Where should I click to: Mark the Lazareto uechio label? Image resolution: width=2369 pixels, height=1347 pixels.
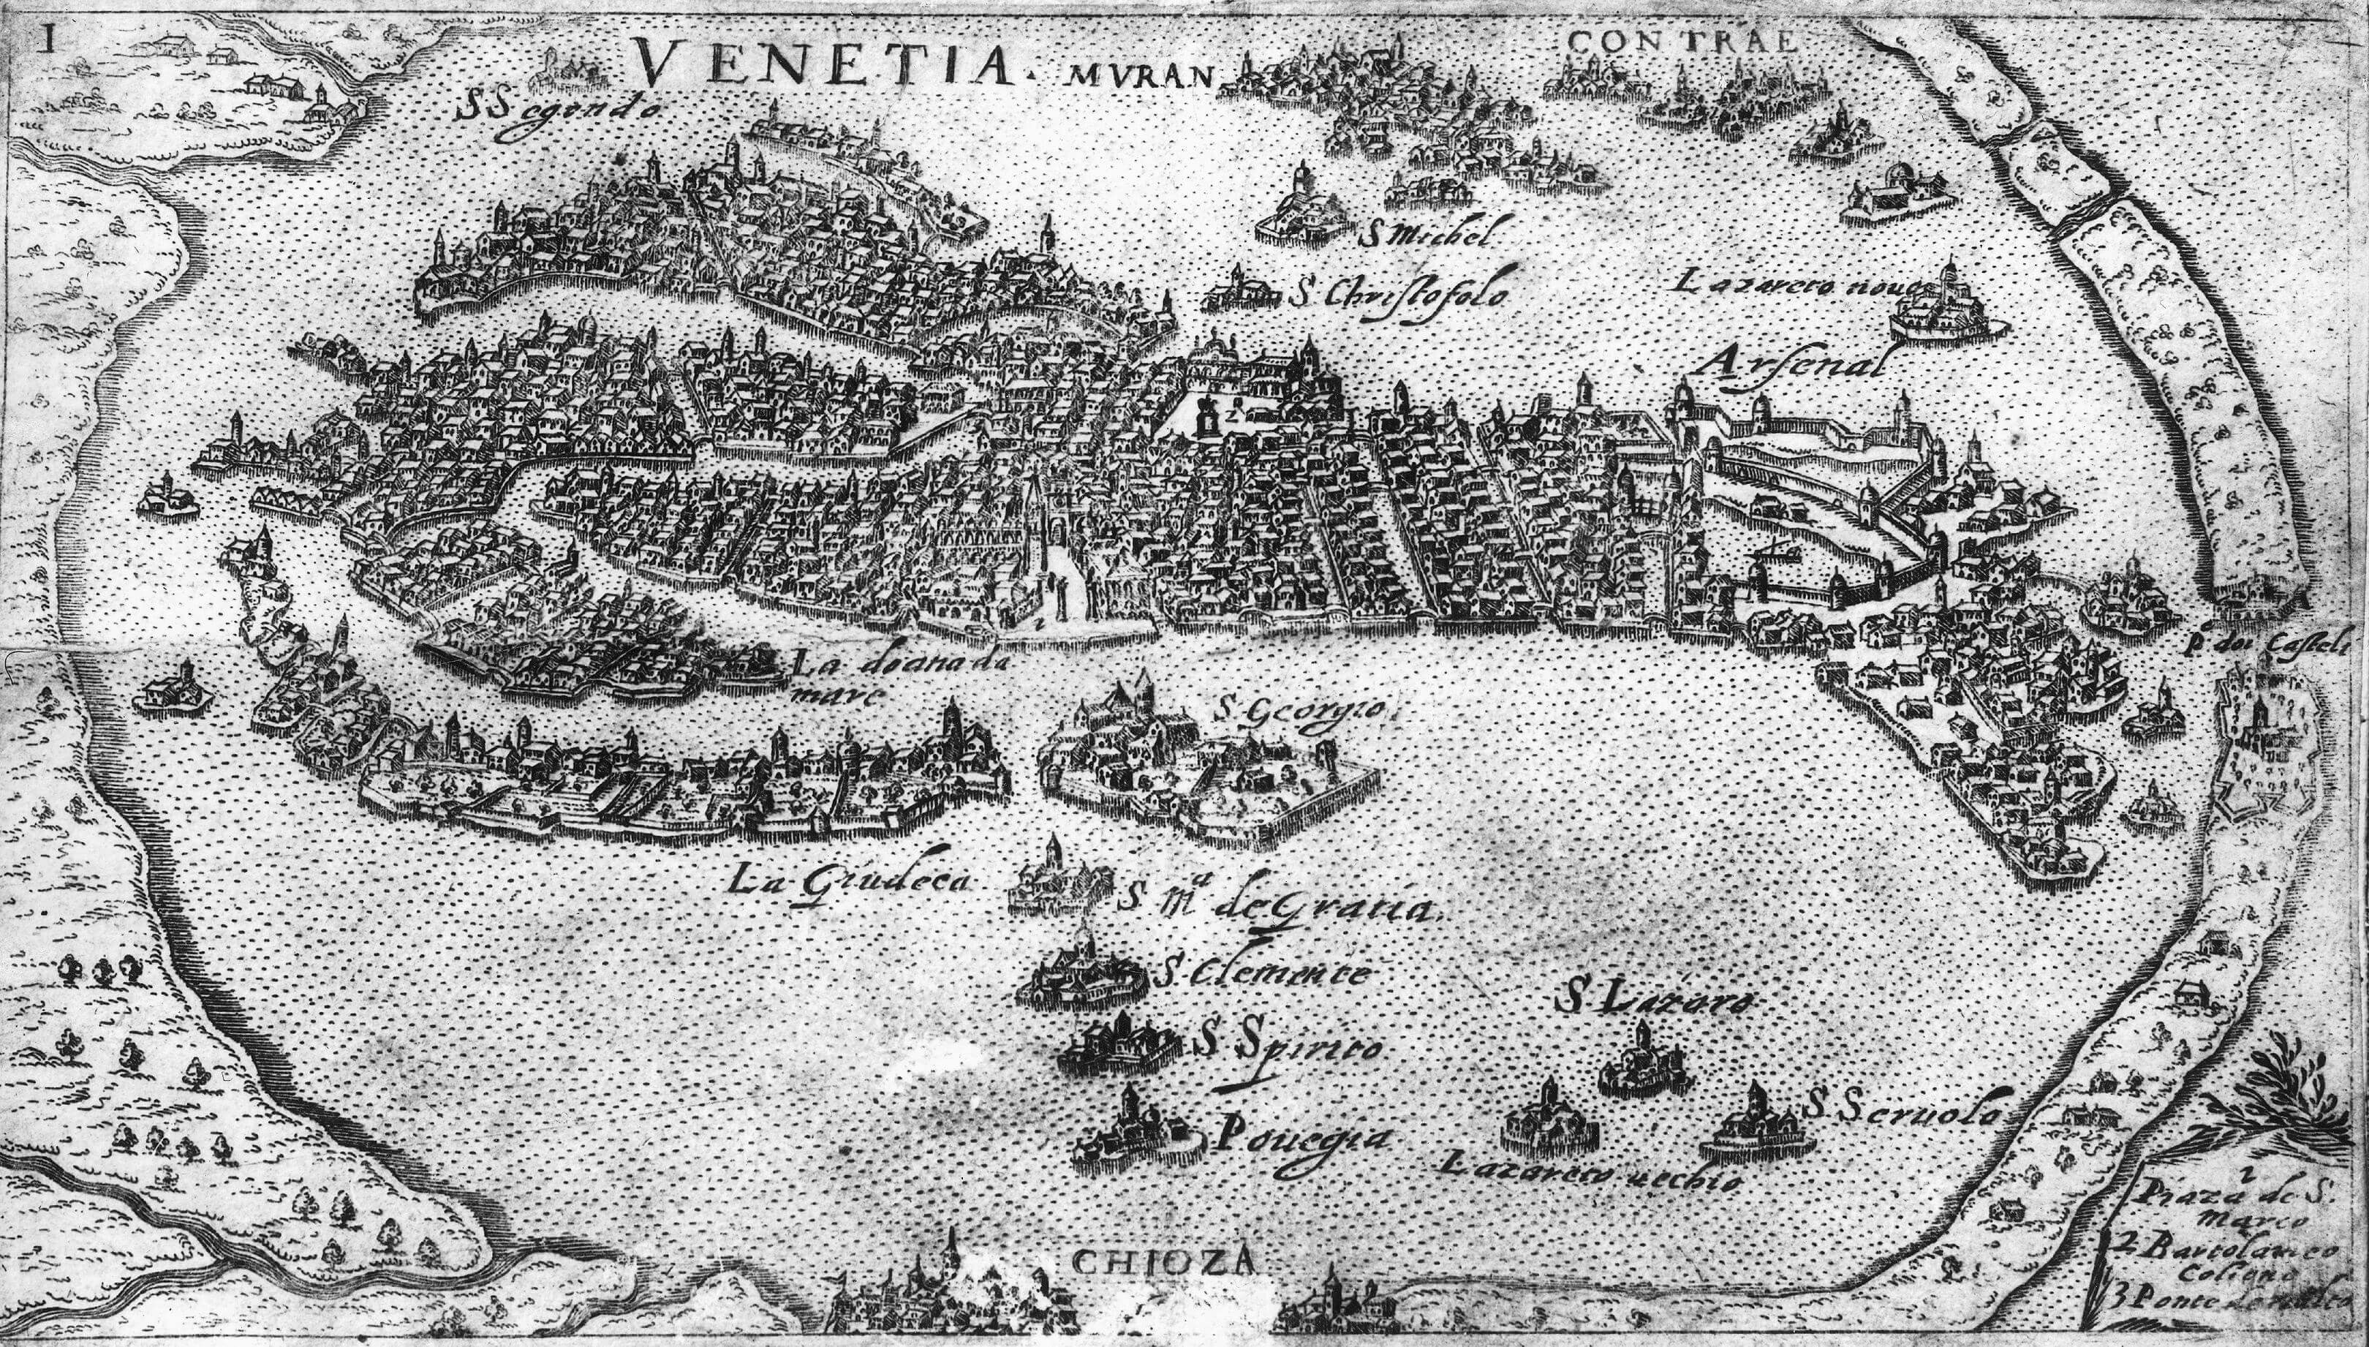(1587, 1173)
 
